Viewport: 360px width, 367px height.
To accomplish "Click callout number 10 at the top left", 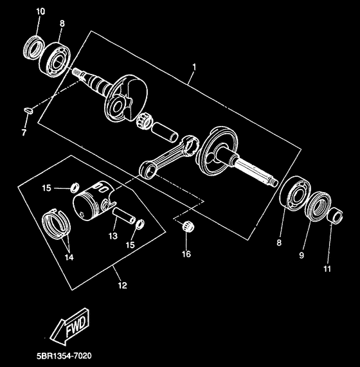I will [40, 12].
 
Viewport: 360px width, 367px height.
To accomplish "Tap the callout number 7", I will [24, 132].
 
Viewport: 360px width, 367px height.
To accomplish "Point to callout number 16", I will [186, 255].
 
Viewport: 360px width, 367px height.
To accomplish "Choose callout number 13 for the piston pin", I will [113, 235].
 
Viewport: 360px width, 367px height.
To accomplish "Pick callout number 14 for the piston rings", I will [68, 257].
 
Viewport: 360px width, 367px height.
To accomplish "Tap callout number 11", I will [328, 269].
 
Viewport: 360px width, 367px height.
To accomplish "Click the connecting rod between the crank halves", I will [167, 156].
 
